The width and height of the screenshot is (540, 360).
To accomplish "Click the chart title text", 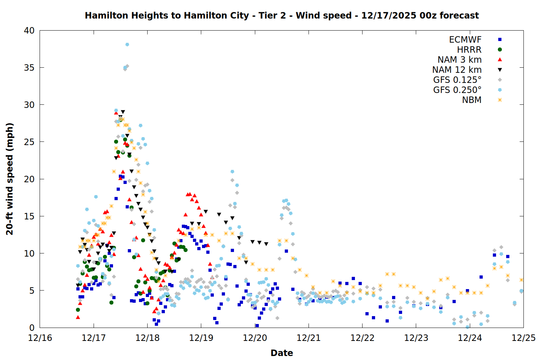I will pos(282,15).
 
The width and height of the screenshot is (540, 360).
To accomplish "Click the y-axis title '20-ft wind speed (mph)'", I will pos(10,179).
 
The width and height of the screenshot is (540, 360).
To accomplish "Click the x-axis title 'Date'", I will pos(282,353).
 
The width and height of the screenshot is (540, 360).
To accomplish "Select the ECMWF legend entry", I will pos(465,40).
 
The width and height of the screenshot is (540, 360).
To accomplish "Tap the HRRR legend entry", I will pos(469,50).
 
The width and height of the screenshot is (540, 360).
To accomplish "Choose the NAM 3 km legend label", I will pos(459,60).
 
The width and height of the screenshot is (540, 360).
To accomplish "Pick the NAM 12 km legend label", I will pos(457,70).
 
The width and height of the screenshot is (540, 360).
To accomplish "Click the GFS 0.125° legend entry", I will pos(457,80).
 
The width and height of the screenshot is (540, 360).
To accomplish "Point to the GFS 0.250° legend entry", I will pos(457,90).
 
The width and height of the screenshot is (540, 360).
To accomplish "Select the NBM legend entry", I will pos(472,100).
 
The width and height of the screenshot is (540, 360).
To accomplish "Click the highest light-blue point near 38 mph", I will pos(127,45).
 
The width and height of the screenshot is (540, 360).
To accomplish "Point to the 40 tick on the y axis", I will pos(29,31).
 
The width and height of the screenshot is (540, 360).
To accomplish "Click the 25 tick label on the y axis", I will pos(29,142).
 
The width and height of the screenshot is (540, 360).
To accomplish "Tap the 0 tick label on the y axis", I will pos(32,328).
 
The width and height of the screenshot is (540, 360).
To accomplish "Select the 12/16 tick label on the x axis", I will pos(40,338).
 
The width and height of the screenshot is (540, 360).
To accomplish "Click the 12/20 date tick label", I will pos(255,338).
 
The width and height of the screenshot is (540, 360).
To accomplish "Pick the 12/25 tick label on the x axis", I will pos(523,338).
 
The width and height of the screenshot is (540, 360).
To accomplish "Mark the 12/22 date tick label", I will pos(362,338).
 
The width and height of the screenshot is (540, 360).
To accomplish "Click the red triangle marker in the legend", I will pos(500,60).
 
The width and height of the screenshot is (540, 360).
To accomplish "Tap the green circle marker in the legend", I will pos(500,50).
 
